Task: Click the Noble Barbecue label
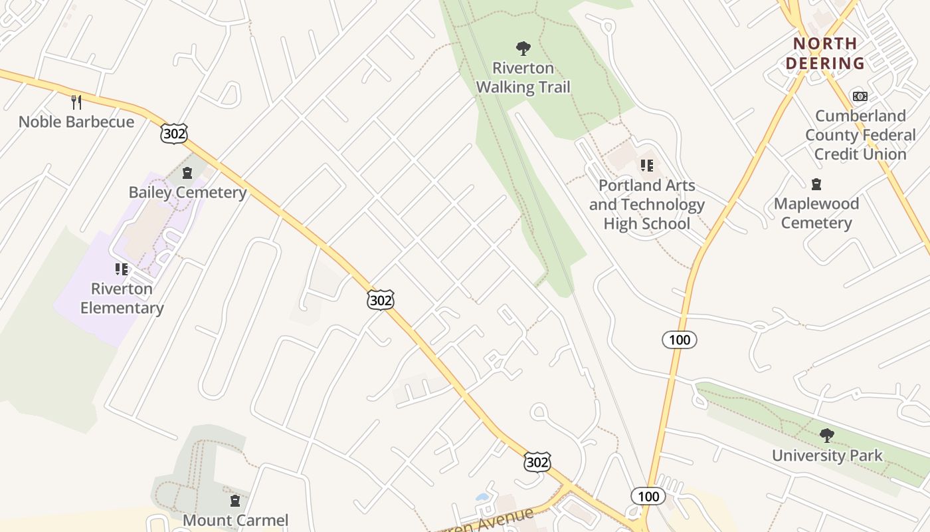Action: tap(76, 122)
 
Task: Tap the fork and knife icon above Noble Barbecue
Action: tap(76, 102)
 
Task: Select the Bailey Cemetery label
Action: tap(187, 193)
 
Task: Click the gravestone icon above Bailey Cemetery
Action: tap(187, 174)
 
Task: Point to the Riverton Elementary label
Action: tap(122, 299)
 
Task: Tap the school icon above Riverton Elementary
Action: tap(122, 269)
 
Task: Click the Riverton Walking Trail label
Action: tap(523, 78)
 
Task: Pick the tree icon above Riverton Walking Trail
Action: tap(523, 48)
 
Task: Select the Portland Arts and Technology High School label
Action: tap(646, 205)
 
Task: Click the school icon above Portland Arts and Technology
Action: tap(646, 166)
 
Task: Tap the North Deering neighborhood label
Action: tap(825, 54)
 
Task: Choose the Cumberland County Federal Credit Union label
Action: tap(860, 135)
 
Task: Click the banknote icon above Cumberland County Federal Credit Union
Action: tap(860, 96)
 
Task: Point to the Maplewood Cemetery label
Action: tap(816, 213)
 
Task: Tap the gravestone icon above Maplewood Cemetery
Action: tap(816, 184)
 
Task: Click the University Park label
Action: tap(827, 456)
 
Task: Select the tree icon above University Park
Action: tap(827, 436)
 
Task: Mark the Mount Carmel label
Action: tap(235, 520)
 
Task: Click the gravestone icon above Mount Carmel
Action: tap(234, 500)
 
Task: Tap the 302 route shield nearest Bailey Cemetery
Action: tap(174, 133)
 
